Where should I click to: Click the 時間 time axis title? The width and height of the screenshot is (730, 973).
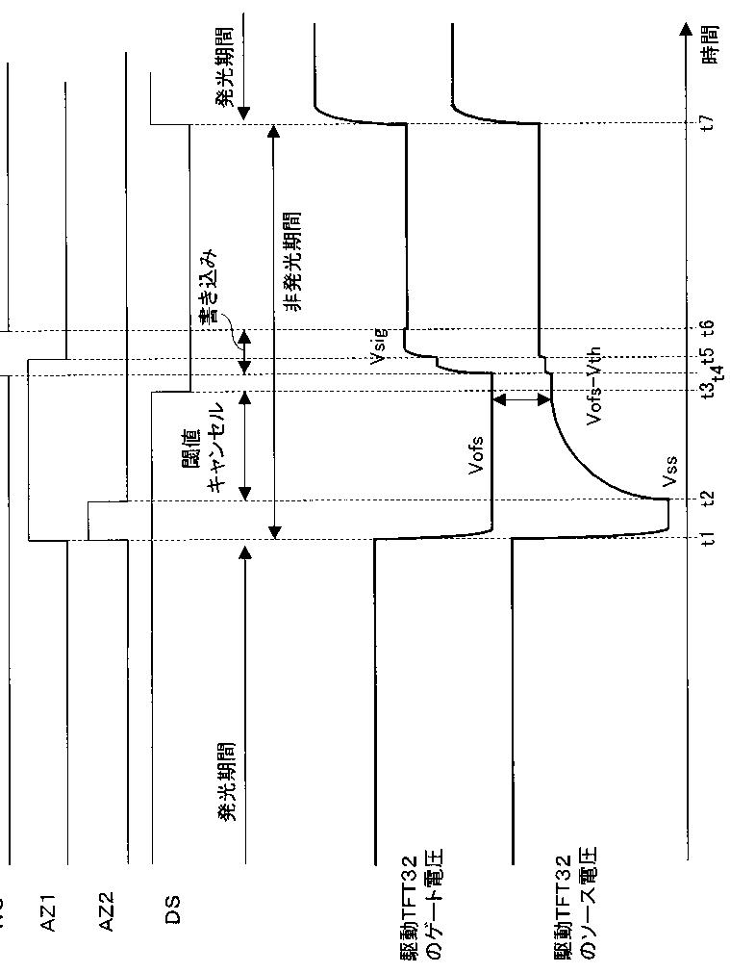coord(709,44)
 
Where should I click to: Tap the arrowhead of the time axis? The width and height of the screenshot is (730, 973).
coord(686,28)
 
